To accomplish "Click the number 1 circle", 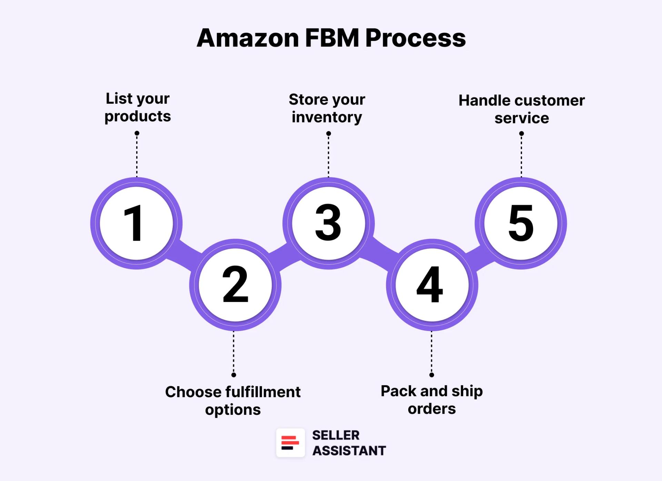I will [136, 223].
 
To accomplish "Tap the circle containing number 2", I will [235, 285].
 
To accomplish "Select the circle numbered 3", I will [328, 223].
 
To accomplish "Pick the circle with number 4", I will [432, 285].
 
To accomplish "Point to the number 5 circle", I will [521, 223].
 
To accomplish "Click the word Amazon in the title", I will [248, 38].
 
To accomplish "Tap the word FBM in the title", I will [332, 38].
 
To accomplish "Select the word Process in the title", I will [415, 38].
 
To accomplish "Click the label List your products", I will [138, 107].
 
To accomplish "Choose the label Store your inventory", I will [327, 108].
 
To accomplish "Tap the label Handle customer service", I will [521, 109].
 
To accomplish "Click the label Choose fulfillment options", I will [233, 401].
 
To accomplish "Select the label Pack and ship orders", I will [432, 400].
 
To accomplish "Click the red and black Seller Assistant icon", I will [290, 443].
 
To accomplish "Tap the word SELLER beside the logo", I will [335, 435].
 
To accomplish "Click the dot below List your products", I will [137, 133].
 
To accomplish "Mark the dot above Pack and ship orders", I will [432, 375].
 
